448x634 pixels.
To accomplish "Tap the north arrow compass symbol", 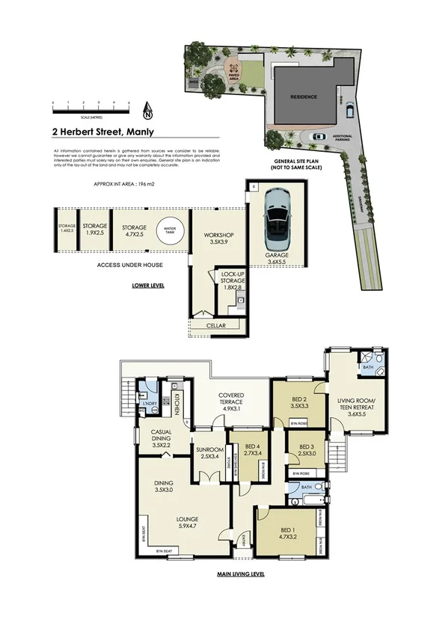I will (147, 112).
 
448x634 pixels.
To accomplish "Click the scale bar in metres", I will (90, 108).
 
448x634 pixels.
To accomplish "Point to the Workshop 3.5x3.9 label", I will (218, 238).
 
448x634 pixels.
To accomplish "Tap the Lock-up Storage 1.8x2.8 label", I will (233, 280).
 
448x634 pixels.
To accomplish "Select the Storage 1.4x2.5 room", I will (67, 229).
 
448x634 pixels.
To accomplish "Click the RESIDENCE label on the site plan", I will (304, 97).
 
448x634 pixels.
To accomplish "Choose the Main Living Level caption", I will (241, 574).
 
